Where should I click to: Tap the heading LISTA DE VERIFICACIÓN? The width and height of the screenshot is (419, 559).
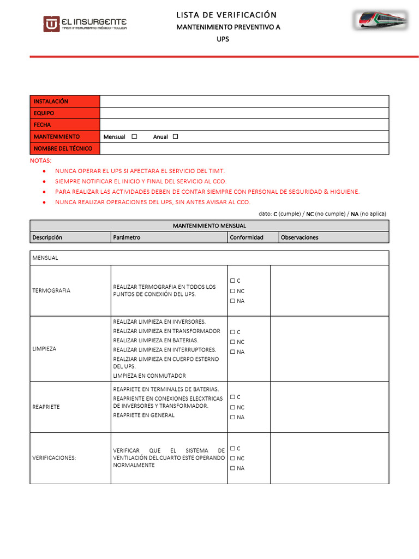[x=226, y=15]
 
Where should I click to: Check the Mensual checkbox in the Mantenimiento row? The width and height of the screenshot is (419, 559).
[x=134, y=136]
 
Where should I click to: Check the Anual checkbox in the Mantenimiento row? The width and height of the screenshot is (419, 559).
[x=175, y=136]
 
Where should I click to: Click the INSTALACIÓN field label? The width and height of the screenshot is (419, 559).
[x=51, y=102]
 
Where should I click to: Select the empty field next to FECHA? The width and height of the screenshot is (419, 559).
[x=244, y=125]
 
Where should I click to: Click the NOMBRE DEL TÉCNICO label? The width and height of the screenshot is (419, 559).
[x=63, y=148]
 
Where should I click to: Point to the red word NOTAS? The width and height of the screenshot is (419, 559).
[x=40, y=161]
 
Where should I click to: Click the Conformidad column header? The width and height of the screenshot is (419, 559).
[x=247, y=237]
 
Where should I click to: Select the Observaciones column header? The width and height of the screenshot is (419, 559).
[x=300, y=237]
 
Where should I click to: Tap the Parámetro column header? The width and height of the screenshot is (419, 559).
[x=127, y=237]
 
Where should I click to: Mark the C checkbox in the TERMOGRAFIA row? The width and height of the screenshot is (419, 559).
[x=232, y=281]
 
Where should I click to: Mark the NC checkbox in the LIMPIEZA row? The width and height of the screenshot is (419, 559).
[x=232, y=342]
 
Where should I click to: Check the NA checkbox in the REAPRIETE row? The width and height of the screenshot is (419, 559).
[x=232, y=418]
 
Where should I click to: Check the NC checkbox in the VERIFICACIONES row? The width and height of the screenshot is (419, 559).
[x=232, y=459]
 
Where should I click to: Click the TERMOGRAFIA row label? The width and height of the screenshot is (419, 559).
[x=51, y=290]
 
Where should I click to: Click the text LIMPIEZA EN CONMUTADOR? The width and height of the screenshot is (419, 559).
[x=149, y=376]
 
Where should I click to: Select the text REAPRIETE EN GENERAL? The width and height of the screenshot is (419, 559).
[x=144, y=415]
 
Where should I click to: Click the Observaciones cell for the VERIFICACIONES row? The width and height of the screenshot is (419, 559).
[x=330, y=458]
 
